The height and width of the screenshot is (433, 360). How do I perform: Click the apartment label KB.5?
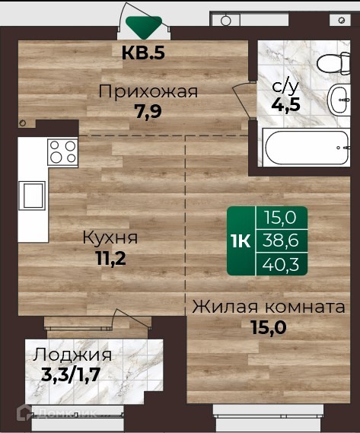(143, 53)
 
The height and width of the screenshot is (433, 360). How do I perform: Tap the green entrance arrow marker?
(144, 27)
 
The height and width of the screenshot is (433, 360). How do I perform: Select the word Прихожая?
(148, 91)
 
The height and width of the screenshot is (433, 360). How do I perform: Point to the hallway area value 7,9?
(148, 111)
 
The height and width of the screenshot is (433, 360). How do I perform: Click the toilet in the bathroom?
(333, 63)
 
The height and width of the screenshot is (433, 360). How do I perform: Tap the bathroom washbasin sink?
(339, 100)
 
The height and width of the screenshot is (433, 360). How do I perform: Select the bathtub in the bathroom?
(307, 147)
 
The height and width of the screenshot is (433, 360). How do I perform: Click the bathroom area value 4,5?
(285, 105)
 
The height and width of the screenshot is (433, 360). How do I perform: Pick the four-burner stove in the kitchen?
(62, 152)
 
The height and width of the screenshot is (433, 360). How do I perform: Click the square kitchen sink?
(33, 196)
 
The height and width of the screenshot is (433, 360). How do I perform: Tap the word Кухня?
(110, 237)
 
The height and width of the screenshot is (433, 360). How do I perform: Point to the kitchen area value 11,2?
(111, 259)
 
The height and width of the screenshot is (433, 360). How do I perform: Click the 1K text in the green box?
(241, 241)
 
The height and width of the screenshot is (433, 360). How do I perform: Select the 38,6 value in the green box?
(280, 240)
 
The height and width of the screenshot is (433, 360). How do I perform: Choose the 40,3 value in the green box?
(280, 265)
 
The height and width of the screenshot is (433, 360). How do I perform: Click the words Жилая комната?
(269, 307)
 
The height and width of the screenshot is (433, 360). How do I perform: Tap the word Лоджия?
(72, 355)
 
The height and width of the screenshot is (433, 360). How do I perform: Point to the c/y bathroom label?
(285, 87)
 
